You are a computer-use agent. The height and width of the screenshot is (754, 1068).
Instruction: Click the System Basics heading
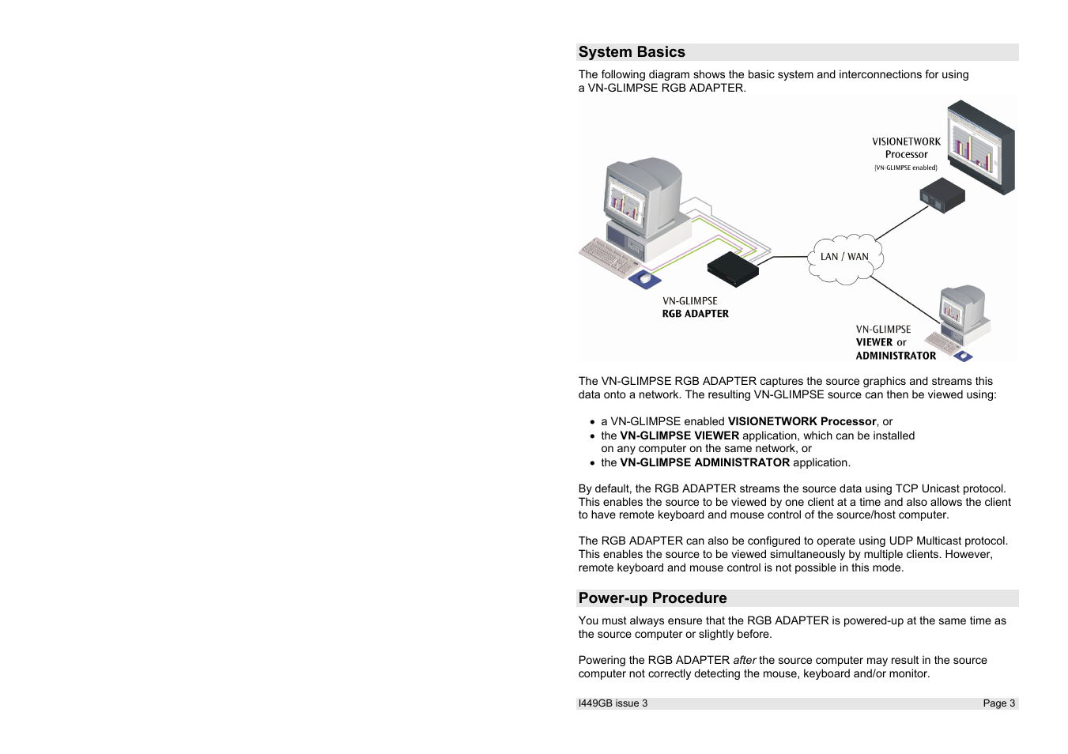pyautogui.click(x=632, y=52)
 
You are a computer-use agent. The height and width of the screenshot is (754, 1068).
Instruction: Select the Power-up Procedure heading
pyautogui.click(x=652, y=598)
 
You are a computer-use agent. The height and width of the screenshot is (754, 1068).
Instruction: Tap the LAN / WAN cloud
pyautogui.click(x=844, y=257)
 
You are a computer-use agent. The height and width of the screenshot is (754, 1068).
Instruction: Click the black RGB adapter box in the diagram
pyautogui.click(x=732, y=268)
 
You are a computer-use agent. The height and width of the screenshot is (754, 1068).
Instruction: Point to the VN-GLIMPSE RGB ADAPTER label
pyautogui.click(x=695, y=307)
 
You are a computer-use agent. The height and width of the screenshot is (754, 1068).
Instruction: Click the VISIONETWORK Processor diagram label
pyautogui.click(x=906, y=149)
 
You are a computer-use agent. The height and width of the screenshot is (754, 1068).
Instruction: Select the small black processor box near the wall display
pyautogui.click(x=942, y=195)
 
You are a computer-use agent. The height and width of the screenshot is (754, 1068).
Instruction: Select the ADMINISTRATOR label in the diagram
pyautogui.click(x=896, y=356)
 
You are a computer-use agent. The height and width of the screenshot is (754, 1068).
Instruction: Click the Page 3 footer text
pyautogui.click(x=998, y=703)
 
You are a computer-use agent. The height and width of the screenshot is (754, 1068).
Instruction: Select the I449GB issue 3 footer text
pyautogui.click(x=613, y=703)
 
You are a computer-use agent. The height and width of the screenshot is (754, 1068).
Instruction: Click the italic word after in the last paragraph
pyautogui.click(x=744, y=660)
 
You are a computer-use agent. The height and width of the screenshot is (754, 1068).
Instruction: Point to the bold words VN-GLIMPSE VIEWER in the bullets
pyautogui.click(x=679, y=435)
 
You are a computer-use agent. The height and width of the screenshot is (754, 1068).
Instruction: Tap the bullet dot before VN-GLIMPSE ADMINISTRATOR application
pyautogui.click(x=592, y=463)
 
